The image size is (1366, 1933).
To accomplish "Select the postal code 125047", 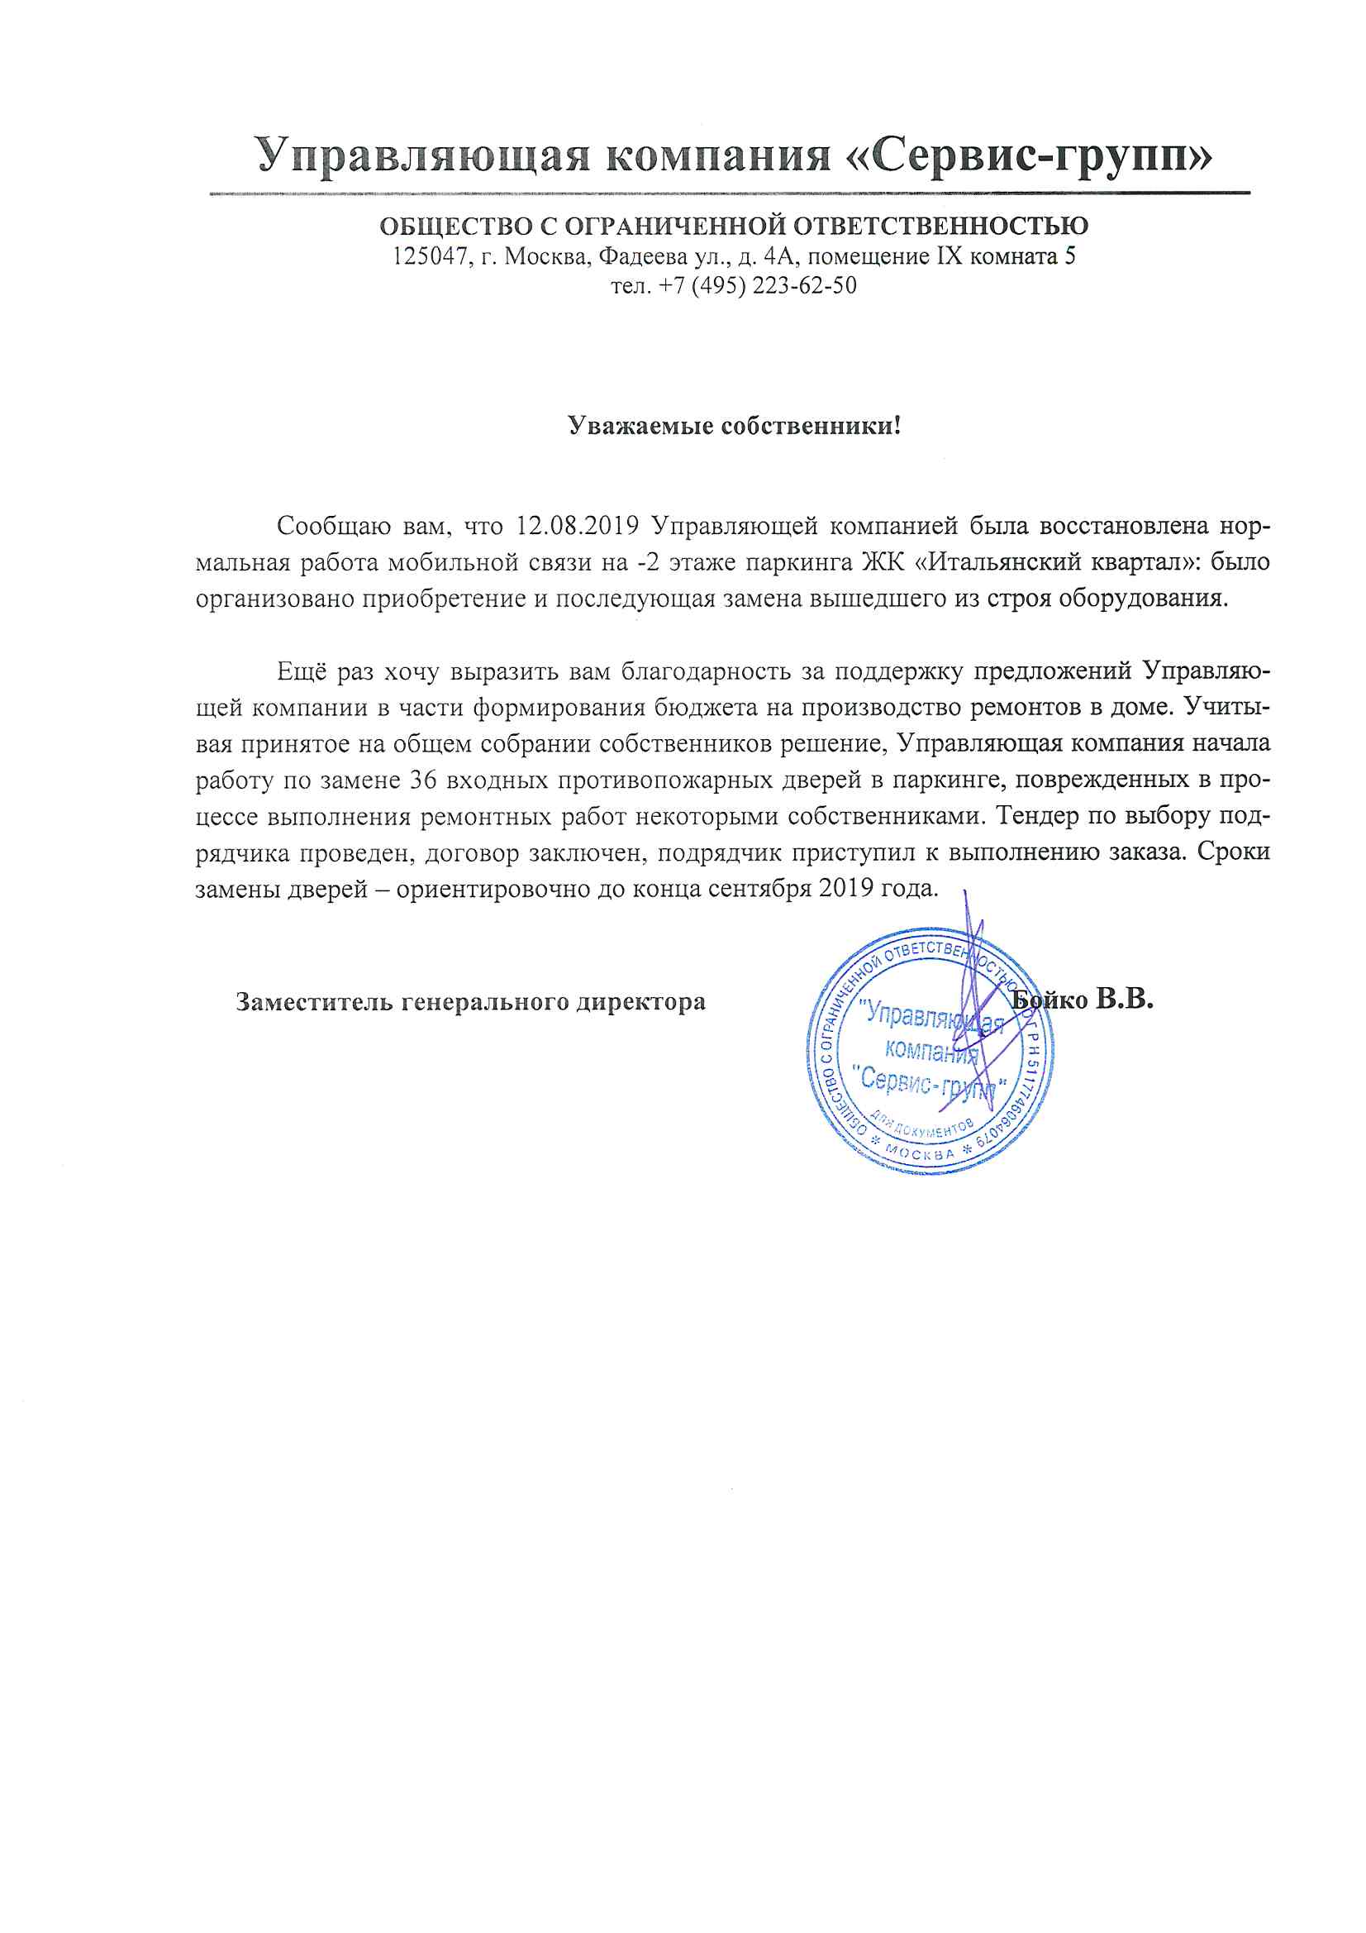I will [430, 256].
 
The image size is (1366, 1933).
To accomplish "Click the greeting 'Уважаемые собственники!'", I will [734, 425].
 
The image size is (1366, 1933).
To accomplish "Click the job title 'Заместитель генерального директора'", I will [470, 1002].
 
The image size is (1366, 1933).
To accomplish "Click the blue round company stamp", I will [929, 1052].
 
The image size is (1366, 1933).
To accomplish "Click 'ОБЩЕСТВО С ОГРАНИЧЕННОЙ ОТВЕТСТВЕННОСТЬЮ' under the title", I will [733, 226].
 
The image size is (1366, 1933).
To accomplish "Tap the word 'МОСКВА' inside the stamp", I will [921, 1153].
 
